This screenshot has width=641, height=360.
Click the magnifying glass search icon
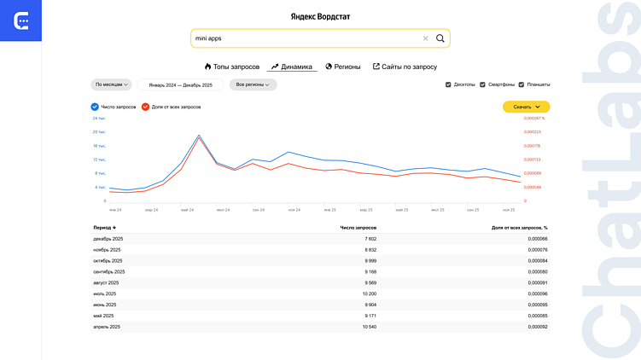point(440,38)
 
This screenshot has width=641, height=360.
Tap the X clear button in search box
point(425,38)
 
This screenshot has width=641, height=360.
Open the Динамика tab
point(291,67)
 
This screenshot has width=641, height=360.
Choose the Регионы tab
point(343,67)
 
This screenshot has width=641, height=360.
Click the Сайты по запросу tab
point(405,67)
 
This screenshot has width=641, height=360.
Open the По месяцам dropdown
point(112,84)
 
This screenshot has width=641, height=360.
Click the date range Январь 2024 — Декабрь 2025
point(180,85)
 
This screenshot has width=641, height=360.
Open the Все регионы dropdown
point(253,84)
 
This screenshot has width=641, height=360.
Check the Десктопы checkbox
point(449,85)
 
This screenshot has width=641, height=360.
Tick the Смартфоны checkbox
point(483,85)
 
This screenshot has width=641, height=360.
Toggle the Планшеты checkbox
point(521,85)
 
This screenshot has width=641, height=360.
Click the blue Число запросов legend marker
point(95,107)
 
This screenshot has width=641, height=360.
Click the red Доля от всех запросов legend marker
point(146,107)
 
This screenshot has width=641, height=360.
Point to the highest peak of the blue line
point(199,135)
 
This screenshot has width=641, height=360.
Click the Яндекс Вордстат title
point(320,16)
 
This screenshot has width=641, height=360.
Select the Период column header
point(104,228)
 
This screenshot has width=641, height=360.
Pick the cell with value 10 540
point(364,327)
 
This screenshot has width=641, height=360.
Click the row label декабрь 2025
point(108,239)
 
